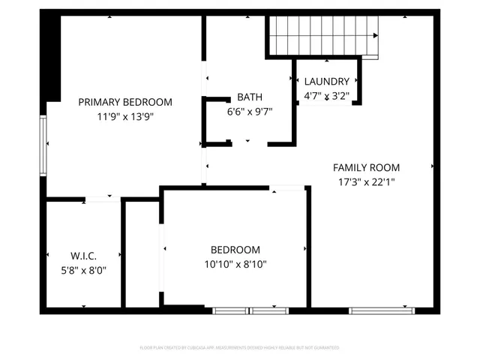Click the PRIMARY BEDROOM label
click(x=125, y=102)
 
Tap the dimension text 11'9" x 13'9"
click(x=125, y=116)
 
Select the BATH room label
click(x=249, y=97)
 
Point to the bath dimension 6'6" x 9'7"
click(x=249, y=111)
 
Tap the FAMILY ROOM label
click(x=366, y=167)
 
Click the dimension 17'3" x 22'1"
click(x=366, y=181)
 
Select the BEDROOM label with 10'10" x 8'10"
click(x=235, y=250)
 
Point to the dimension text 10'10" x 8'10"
click(x=235, y=264)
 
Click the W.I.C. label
click(x=83, y=256)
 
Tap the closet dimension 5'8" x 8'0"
click(x=83, y=270)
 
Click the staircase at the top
click(x=323, y=34)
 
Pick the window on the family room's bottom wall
click(x=382, y=310)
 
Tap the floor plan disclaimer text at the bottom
click(x=239, y=348)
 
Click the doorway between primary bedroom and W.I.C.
click(x=103, y=199)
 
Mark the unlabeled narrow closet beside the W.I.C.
click(x=141, y=255)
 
